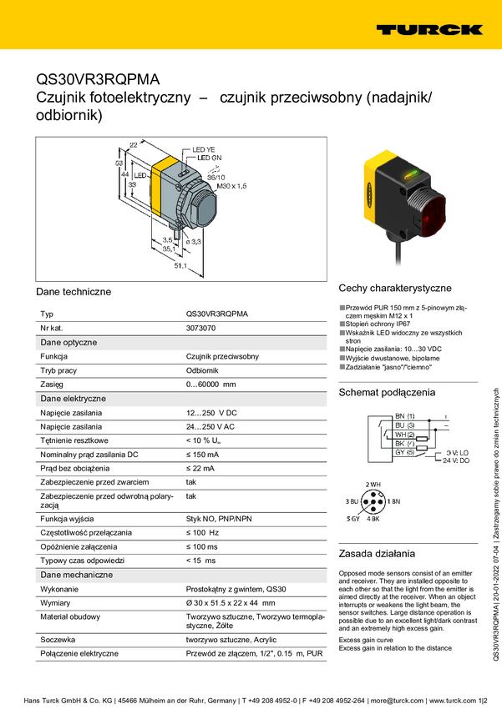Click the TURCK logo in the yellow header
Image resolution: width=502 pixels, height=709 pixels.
(428, 29)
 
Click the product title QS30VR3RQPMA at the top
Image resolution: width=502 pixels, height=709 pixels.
(99, 80)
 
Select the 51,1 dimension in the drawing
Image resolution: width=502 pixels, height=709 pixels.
(180, 266)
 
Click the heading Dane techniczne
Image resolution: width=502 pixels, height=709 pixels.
(74, 292)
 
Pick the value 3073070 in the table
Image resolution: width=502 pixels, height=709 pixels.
(201, 328)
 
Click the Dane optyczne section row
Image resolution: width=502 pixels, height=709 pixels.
(68, 342)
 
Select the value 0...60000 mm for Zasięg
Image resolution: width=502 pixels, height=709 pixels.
(210, 385)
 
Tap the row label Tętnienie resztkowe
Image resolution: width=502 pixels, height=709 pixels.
(74, 440)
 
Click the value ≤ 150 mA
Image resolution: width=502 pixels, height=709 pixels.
(202, 455)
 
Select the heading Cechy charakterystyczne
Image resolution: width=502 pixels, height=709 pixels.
(395, 288)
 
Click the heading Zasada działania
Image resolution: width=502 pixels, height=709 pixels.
(377, 553)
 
